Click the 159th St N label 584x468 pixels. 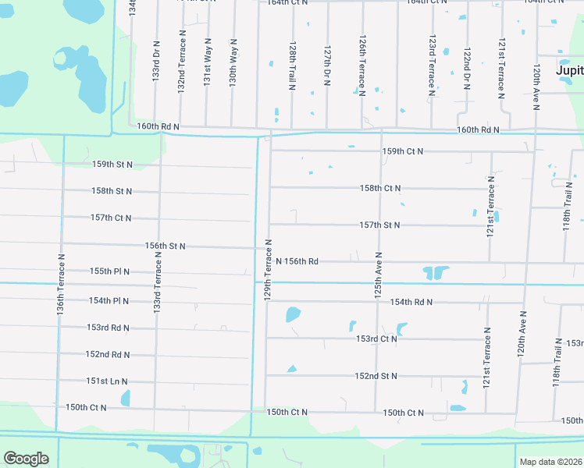pyautogui.click(x=112, y=165)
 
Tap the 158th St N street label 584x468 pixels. pyautogui.click(x=112, y=191)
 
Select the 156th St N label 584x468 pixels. pyautogui.click(x=165, y=246)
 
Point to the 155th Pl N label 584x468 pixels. pyautogui.click(x=109, y=271)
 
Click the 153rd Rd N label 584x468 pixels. pyautogui.click(x=108, y=328)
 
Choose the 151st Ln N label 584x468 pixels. pyautogui.click(x=107, y=381)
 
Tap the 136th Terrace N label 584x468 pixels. pyautogui.click(x=60, y=282)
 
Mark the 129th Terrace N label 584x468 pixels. pyautogui.click(x=267, y=268)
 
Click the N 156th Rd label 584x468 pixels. pyautogui.click(x=297, y=261)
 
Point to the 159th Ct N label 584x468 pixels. pyautogui.click(x=402, y=151)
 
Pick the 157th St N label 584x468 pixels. pyautogui.click(x=379, y=225)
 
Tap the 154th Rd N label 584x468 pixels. pyautogui.click(x=411, y=302)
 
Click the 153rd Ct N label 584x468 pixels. pyautogui.click(x=376, y=339)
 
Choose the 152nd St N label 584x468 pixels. pyautogui.click(x=376, y=376)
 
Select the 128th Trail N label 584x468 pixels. pyautogui.click(x=291, y=65)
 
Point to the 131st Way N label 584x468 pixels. pyautogui.click(x=207, y=62)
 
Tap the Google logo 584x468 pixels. pyautogui.click(x=26, y=459)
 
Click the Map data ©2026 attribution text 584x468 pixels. pyautogui.click(x=550, y=462)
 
